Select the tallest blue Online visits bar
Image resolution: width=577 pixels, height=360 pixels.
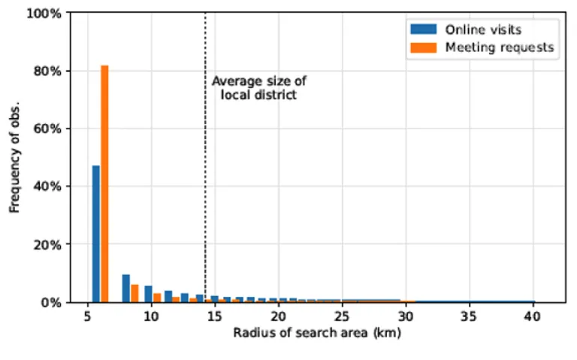(x=95, y=234)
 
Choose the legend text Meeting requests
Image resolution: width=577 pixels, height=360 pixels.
(x=499, y=47)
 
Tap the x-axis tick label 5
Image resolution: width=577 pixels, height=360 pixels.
(x=88, y=316)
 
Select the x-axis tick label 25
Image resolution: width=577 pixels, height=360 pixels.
(x=342, y=316)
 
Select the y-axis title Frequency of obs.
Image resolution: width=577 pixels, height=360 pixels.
(x=14, y=157)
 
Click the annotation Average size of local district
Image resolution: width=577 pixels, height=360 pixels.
(x=258, y=88)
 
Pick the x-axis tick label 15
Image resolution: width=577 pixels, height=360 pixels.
(x=215, y=316)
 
